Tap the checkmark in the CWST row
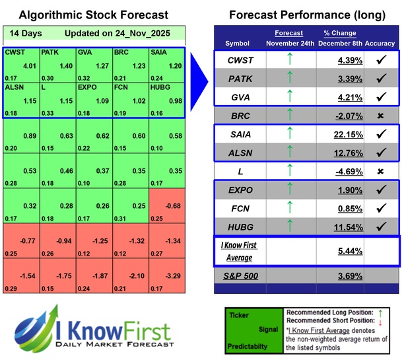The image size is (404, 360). click(380, 60)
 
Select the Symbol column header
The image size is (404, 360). click(238, 43)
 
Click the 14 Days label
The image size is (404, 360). click(24, 32)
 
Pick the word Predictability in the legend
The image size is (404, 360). click(248, 345)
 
